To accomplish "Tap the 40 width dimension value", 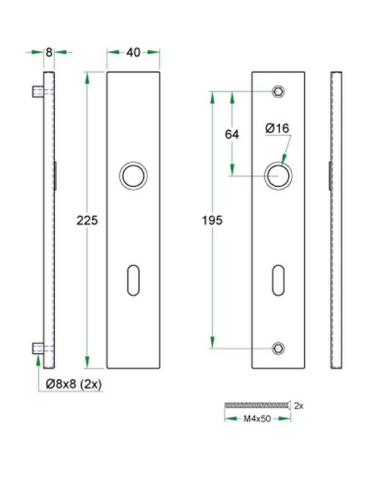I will [x=133, y=53].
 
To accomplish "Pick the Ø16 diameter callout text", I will [x=276, y=128].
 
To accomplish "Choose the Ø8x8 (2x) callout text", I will [x=74, y=384].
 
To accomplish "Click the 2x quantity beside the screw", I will [x=298, y=406].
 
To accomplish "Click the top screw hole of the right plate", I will [x=278, y=92].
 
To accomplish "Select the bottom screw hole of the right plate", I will [x=278, y=347].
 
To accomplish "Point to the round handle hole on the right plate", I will [x=278, y=175].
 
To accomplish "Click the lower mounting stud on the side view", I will [x=37, y=347].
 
